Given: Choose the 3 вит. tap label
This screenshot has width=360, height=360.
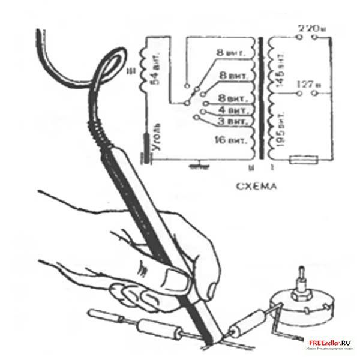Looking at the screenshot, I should (233, 122).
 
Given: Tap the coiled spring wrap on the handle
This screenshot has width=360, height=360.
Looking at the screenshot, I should (104, 128).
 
